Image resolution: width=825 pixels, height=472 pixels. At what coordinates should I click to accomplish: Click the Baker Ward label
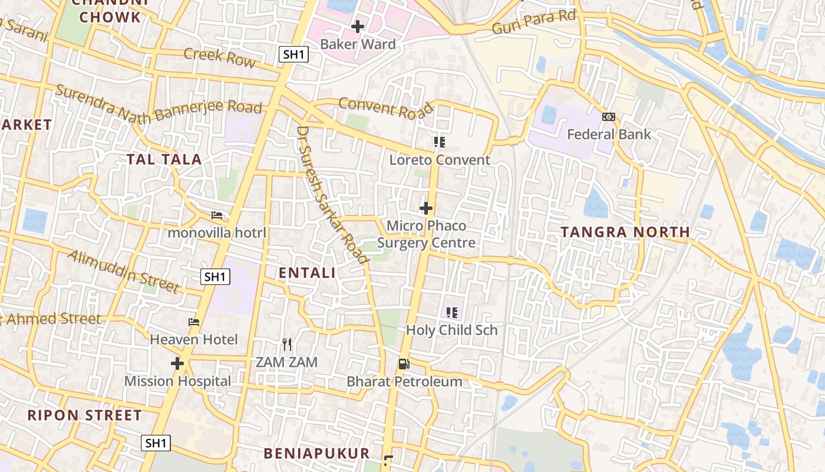pos(358,44)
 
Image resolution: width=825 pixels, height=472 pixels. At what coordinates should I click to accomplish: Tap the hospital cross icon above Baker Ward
pos(358,27)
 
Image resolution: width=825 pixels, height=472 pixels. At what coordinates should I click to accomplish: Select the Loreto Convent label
pos(440,160)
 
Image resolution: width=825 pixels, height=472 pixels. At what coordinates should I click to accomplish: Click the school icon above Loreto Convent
pos(440,142)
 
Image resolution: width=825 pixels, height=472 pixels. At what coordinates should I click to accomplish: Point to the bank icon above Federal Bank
pos(609,117)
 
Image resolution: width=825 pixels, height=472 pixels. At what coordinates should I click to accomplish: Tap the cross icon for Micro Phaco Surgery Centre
pos(426,208)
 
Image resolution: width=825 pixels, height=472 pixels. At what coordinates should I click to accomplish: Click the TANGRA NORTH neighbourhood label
pos(625,232)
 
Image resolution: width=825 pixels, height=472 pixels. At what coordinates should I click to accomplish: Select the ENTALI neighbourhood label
pos(307,273)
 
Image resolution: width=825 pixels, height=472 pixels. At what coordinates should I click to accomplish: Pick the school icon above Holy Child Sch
pos(452,313)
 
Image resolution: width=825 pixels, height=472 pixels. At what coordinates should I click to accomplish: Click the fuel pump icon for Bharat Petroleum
pos(404,363)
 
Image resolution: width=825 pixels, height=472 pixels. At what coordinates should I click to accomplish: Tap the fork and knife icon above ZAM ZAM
pos(287,344)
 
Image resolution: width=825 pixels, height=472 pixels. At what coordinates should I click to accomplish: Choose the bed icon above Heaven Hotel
pos(194,322)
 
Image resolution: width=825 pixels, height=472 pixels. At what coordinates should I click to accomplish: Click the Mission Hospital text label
pos(177,381)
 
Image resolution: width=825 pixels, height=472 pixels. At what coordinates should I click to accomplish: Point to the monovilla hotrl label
pos(217,233)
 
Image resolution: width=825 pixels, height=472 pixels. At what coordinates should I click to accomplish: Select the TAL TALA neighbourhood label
pos(164,159)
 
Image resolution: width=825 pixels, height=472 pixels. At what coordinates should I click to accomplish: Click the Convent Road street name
pos(386,108)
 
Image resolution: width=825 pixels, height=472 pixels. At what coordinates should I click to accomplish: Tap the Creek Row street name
pos(220,58)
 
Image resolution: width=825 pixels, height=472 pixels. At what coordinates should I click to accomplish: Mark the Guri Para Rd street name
pos(533,22)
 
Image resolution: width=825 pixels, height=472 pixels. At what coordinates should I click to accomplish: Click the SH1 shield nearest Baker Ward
pos(293,54)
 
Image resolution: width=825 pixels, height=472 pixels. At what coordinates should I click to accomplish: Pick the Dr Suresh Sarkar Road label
pos(333,194)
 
